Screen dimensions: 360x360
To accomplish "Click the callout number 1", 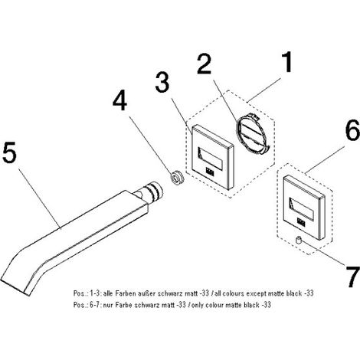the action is [288, 62].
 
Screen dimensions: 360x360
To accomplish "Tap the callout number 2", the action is [205, 64].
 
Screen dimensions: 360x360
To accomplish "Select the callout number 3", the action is [162, 82].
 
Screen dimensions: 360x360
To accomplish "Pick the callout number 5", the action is [9, 152].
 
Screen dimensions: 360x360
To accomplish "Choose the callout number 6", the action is [352, 130].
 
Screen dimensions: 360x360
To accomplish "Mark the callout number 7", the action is [353, 277].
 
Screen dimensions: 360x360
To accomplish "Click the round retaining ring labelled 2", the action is [252, 134].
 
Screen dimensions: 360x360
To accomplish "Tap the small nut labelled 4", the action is [177, 176].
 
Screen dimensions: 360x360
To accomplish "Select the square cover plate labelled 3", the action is [212, 158].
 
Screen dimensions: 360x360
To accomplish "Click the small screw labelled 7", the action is [298, 241].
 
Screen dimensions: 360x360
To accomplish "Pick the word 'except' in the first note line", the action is [256, 294].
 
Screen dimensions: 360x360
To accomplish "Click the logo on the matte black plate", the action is [301, 222].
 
